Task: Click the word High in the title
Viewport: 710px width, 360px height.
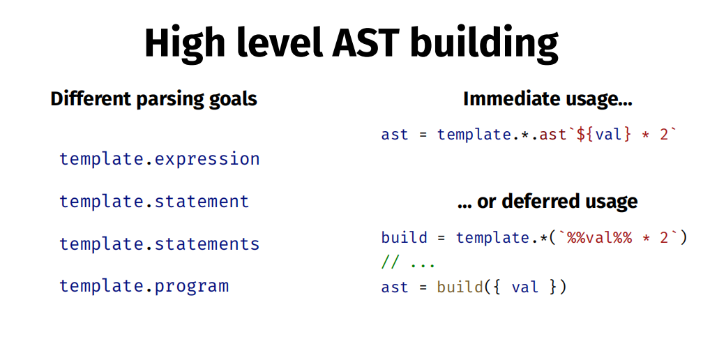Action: [x=184, y=43]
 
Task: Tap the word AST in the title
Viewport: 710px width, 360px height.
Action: [x=366, y=43]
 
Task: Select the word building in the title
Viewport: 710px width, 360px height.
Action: [x=484, y=43]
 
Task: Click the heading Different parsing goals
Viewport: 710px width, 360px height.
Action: [x=153, y=99]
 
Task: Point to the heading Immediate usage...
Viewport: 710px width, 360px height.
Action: [x=547, y=98]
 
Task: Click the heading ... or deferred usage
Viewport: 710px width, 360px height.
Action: [x=547, y=202]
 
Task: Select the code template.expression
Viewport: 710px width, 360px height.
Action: [x=160, y=159]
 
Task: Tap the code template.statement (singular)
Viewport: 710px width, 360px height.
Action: [x=154, y=202]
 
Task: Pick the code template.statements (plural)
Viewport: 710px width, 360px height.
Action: [x=160, y=244]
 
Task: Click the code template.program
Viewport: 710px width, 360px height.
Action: [x=144, y=287]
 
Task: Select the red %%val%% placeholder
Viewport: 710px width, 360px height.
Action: [x=599, y=237]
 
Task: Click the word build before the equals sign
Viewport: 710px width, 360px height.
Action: [x=404, y=237]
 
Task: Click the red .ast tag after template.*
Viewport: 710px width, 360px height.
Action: [x=549, y=135]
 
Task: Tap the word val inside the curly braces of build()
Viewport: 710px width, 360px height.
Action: [x=524, y=287]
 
